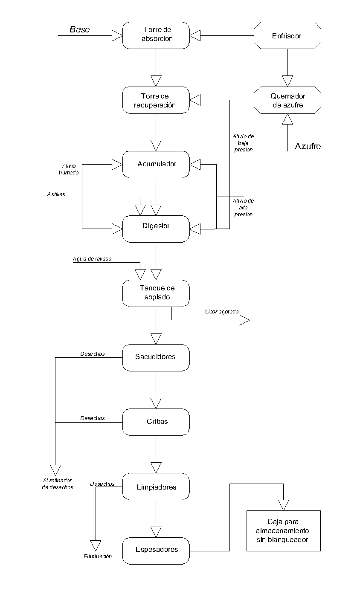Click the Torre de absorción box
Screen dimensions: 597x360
[156, 35]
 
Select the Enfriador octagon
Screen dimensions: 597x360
[287, 35]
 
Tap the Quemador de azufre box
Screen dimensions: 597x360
[287, 100]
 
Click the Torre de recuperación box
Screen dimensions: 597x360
[156, 100]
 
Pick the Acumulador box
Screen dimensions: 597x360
[156, 164]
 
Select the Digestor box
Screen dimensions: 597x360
[156, 229]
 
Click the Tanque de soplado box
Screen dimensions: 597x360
[156, 293]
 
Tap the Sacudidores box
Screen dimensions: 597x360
[156, 357]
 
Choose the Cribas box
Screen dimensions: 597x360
[156, 422]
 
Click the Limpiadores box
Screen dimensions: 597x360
[156, 487]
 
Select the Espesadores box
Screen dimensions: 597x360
[156, 551]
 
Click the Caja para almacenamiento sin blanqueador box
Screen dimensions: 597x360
[283, 530]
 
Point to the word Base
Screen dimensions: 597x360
[80, 29]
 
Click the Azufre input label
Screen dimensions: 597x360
[308, 147]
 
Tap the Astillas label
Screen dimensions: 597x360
[56, 195]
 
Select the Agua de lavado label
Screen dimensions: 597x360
[92, 259]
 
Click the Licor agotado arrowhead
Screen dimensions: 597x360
[244, 320]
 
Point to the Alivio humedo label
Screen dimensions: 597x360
[68, 169]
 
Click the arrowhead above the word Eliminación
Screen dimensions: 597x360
[96, 545]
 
